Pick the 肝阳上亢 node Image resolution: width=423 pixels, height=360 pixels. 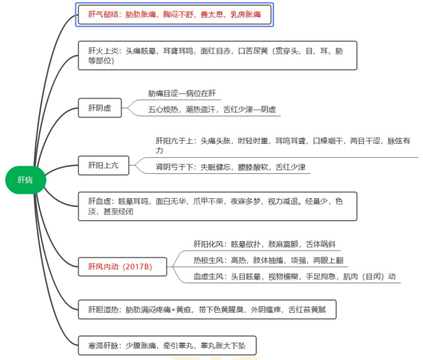(103, 165)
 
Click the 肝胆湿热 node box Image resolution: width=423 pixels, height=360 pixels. (207, 309)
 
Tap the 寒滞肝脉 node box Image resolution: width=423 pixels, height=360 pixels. (167, 346)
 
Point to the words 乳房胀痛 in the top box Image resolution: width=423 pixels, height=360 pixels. (245, 13)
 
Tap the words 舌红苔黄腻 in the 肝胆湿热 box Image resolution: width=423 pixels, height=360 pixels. (309, 309)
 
